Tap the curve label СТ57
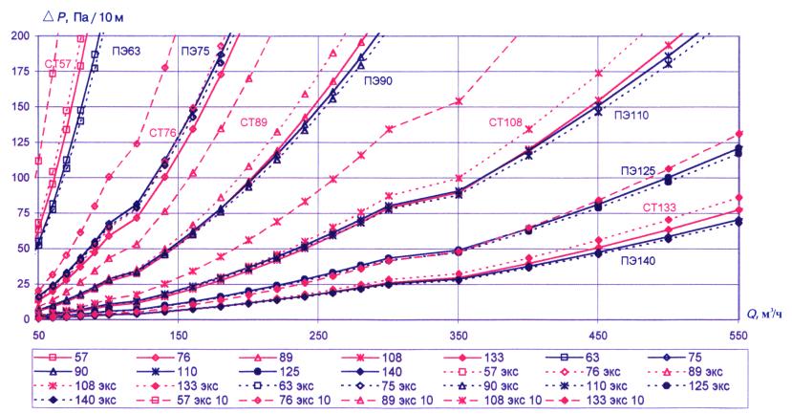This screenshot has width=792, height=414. [57, 64]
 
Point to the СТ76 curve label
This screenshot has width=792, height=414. [163, 132]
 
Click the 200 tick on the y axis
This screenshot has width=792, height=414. [20, 35]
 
